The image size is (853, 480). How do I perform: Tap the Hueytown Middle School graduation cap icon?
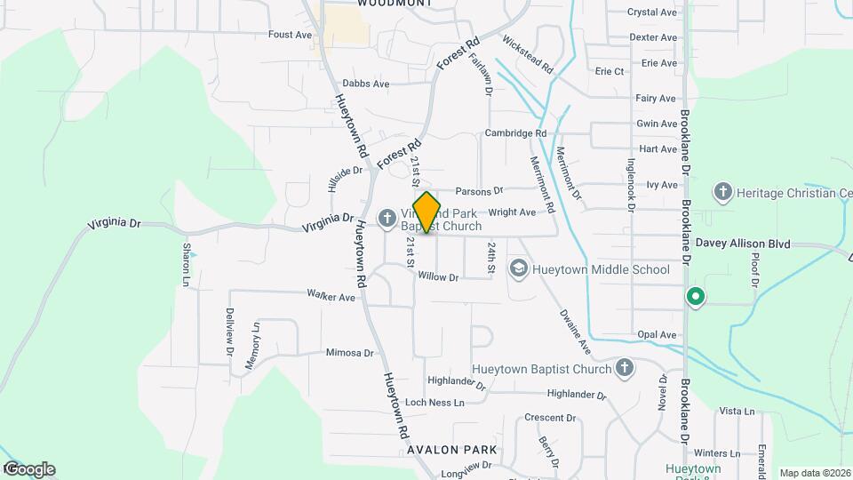click(x=517, y=268)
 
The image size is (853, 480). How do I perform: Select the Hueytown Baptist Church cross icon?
click(x=625, y=368)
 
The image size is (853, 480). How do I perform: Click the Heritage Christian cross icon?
click(x=722, y=192)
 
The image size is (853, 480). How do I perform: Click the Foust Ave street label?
click(x=291, y=35)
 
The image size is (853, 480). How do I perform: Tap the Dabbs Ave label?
click(x=366, y=84)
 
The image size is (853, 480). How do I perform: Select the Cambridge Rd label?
click(x=515, y=133)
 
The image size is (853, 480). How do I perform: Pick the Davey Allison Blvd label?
click(x=755, y=242)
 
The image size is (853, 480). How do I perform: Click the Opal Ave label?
click(x=657, y=335)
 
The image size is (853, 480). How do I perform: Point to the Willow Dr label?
click(x=438, y=277)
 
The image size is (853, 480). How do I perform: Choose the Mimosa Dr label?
click(x=350, y=353)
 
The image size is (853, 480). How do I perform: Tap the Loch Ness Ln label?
click(x=434, y=403)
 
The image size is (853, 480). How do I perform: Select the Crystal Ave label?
click(x=652, y=12)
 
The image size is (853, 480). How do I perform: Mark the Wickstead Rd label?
click(x=527, y=55)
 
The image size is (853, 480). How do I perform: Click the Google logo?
click(x=28, y=469)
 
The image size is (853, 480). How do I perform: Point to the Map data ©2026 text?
click(x=814, y=473)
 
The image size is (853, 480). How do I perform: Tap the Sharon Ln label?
click(x=187, y=265)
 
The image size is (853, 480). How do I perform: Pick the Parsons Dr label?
click(x=479, y=191)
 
